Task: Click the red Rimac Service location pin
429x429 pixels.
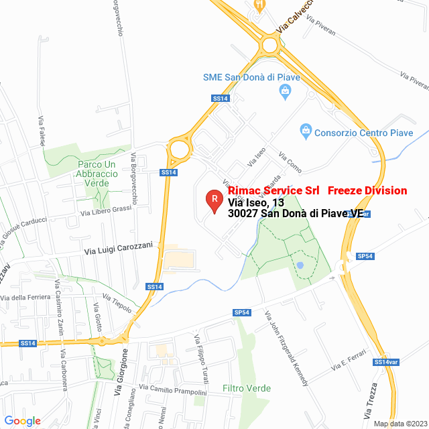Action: (214, 200)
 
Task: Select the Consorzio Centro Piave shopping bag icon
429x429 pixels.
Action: (306, 129)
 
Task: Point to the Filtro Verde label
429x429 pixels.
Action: (246, 389)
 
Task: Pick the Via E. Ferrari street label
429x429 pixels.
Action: (349, 361)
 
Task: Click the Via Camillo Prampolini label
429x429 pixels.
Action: (172, 389)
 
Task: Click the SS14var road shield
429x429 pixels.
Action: (385, 362)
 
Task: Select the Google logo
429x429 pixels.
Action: (22, 420)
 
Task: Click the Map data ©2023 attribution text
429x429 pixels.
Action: (399, 424)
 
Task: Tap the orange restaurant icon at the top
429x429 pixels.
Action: (261, 5)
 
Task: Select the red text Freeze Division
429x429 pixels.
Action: (367, 190)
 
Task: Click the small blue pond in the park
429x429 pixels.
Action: (300, 265)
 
